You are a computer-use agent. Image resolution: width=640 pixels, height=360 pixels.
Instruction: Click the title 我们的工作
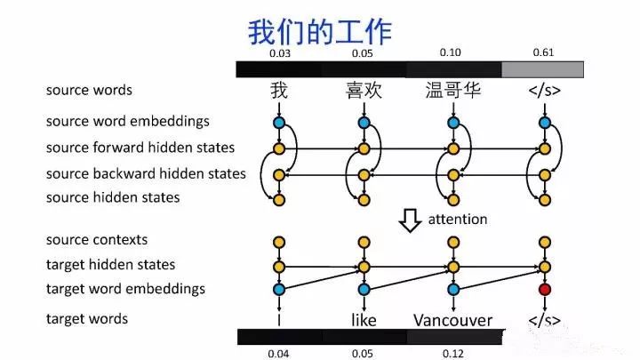click(319, 33)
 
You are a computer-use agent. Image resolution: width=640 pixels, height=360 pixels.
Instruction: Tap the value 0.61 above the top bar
click(543, 53)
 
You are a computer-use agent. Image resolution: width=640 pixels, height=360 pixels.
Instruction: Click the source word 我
click(279, 91)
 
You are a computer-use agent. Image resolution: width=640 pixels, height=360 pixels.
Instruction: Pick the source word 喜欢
click(364, 91)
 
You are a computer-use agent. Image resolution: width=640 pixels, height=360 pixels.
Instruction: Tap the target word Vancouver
click(452, 319)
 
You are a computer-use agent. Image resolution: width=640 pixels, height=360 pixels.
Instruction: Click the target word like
click(364, 319)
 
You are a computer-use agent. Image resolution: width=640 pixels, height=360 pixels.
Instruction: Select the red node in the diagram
click(544, 289)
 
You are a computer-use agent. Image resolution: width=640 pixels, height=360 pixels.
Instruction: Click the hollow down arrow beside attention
click(409, 220)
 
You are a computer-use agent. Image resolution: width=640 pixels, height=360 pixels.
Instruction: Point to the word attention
click(458, 219)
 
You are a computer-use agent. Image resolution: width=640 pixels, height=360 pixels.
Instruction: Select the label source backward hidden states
click(146, 173)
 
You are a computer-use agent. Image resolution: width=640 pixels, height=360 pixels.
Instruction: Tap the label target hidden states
click(110, 265)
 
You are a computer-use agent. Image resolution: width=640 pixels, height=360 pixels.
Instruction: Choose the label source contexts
click(97, 240)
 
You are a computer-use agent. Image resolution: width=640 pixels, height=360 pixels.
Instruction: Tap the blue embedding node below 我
click(279, 122)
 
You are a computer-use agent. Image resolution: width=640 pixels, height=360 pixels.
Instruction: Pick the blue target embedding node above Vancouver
click(454, 289)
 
